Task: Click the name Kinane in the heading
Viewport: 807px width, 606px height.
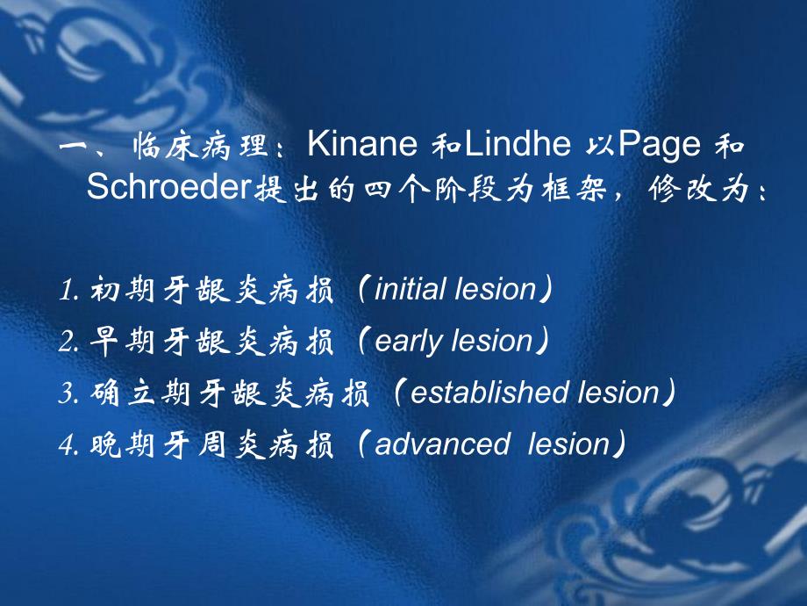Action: (362, 143)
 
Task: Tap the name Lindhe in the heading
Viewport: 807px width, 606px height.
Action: (518, 143)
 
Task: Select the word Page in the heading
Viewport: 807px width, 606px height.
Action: (660, 146)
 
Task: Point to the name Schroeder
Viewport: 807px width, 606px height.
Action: (168, 186)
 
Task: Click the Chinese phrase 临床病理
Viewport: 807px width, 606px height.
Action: (201, 146)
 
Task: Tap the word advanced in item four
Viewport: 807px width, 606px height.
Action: (443, 444)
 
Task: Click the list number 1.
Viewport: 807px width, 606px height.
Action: (68, 290)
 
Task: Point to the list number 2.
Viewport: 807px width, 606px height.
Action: (68, 341)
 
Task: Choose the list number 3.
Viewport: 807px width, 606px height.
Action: (68, 393)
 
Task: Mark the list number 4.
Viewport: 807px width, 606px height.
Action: (68, 444)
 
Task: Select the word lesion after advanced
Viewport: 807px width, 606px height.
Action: (568, 444)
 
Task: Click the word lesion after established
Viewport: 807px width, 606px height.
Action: (618, 393)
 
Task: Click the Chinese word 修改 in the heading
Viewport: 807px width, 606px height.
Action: (682, 189)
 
